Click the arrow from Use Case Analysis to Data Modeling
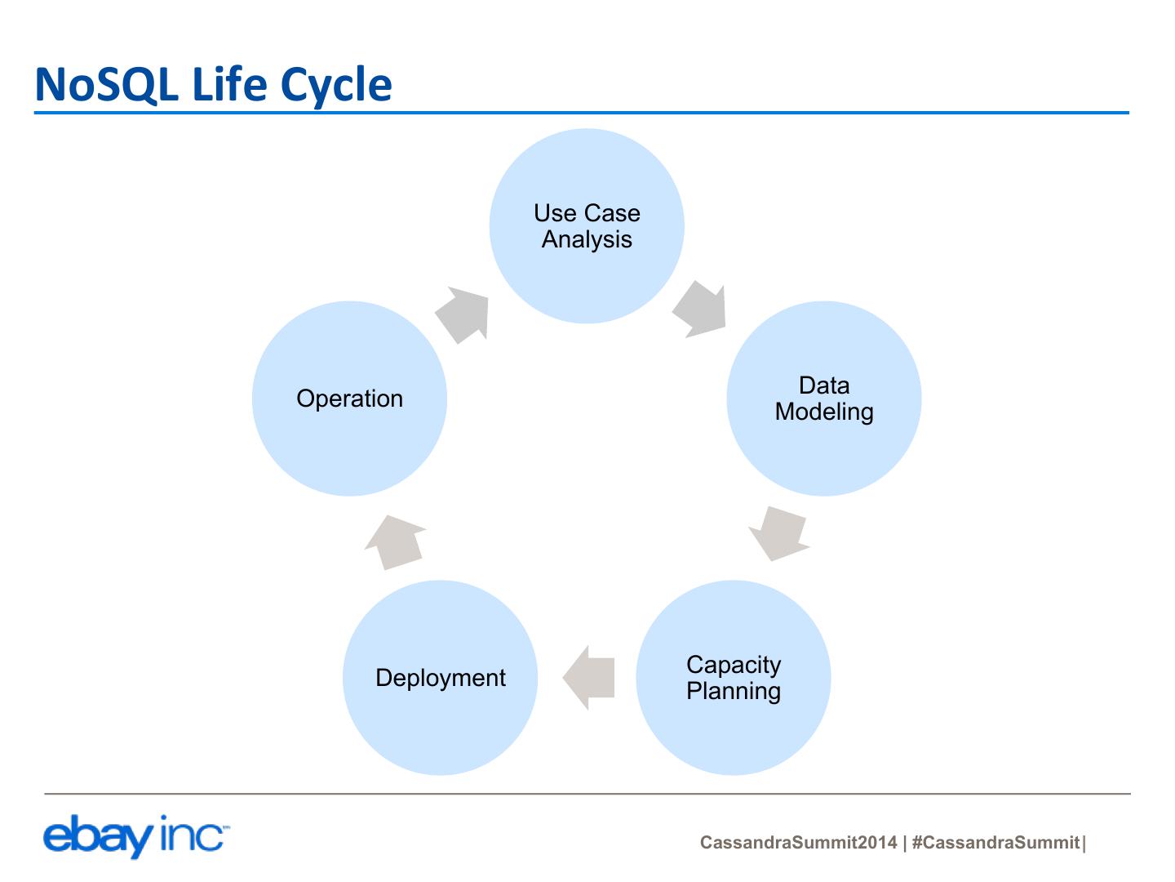point(700,310)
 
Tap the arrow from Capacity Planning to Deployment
point(588,678)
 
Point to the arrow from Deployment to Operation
point(396,541)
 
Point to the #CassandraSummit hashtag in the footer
point(995,843)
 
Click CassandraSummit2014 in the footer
point(798,843)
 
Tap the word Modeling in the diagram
point(824,412)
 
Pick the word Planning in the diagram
point(733,692)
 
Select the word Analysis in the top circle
point(587,240)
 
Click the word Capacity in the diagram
point(733,665)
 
